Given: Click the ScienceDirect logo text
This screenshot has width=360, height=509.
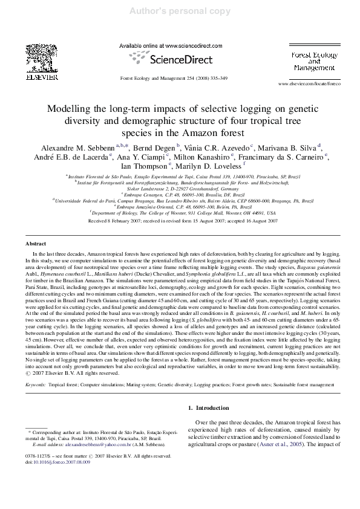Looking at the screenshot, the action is pyautogui.click(x=180, y=60).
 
